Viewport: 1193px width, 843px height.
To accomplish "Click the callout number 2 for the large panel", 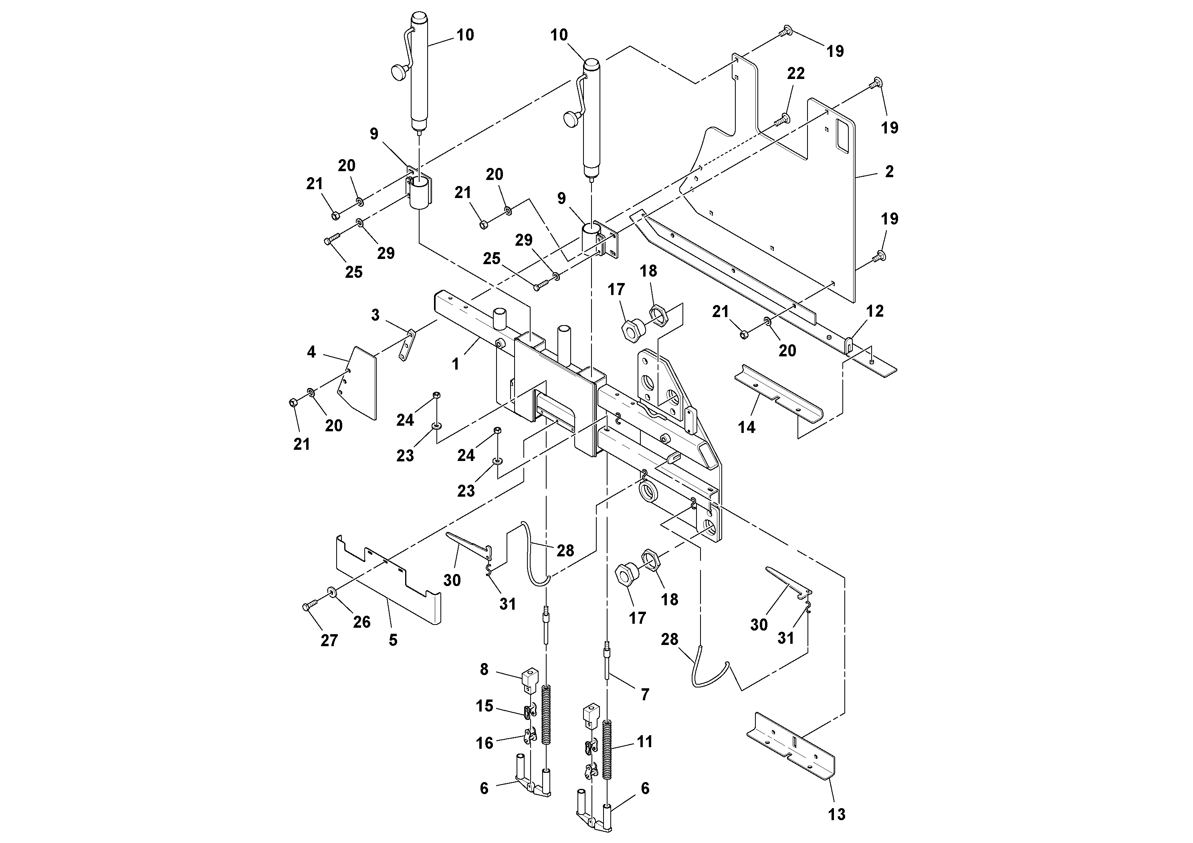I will (x=889, y=172).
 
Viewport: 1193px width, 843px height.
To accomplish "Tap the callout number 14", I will (x=747, y=427).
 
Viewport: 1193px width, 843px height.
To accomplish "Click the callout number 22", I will (x=795, y=74).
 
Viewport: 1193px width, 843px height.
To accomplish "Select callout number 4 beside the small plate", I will (x=311, y=352).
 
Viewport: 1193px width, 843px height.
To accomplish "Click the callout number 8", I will (x=484, y=669).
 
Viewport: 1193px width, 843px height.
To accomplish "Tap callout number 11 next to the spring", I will (x=644, y=741).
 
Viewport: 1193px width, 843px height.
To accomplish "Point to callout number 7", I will (x=645, y=694).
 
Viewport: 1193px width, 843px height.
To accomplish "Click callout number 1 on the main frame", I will (x=455, y=364).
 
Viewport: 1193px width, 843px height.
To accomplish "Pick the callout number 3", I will (x=375, y=315).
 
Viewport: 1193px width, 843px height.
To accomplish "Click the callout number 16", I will (x=484, y=743).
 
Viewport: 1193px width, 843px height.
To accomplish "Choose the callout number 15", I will (x=484, y=706).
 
